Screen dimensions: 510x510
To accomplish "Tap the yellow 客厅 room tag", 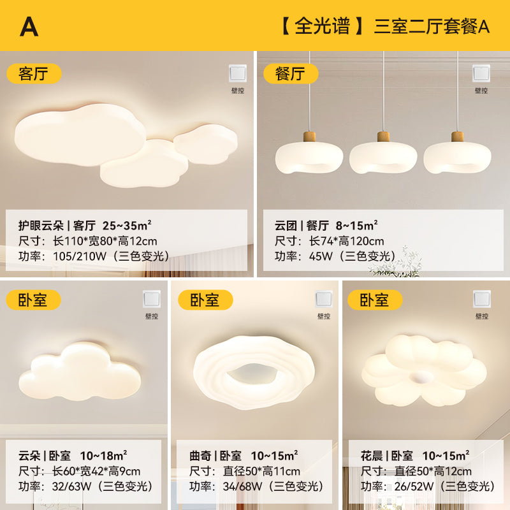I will point(34,73).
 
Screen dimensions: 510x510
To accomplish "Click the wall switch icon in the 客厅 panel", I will point(237,74).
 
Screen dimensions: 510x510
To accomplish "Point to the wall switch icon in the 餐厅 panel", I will point(481,74).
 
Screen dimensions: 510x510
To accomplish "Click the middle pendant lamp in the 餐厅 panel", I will point(383,156).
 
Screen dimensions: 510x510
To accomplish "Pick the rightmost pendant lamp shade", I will point(457,157).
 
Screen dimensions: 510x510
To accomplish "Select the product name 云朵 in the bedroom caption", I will point(30,456).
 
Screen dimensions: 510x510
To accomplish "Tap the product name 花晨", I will point(372,456).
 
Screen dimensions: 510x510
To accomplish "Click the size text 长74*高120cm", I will point(347,241).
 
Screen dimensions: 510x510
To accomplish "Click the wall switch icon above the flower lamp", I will point(481,300).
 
